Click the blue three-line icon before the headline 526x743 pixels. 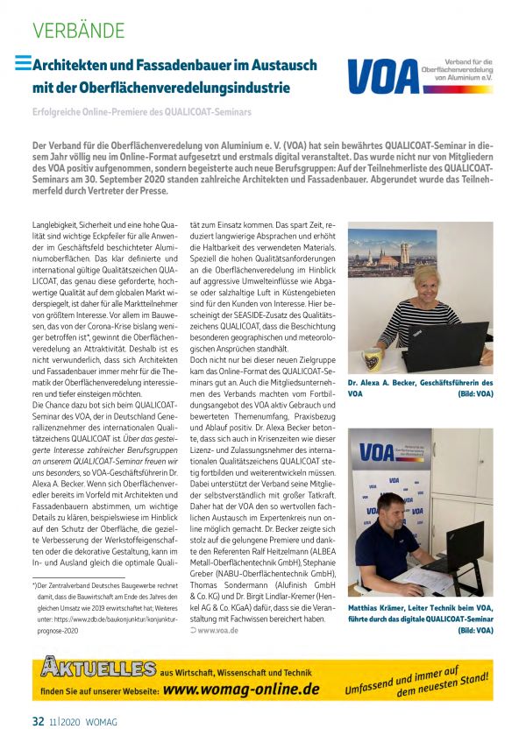coord(23,64)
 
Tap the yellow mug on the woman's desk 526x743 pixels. coord(371,357)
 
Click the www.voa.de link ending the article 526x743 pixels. coord(220,630)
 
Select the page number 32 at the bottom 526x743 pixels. coord(38,722)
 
